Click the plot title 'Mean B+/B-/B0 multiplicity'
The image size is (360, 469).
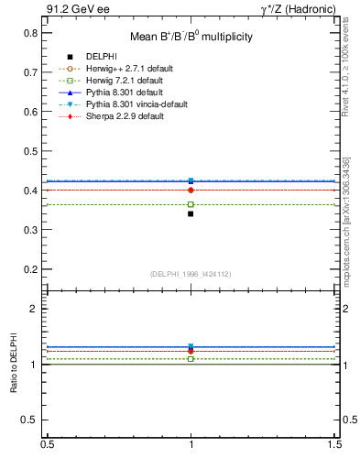click(x=191, y=38)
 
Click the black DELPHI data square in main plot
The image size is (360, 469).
click(x=191, y=213)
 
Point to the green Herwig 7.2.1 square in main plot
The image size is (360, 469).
click(x=191, y=204)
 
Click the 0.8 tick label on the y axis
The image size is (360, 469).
click(x=31, y=33)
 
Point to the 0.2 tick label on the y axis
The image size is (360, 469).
click(x=31, y=269)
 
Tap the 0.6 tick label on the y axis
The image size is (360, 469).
click(x=31, y=112)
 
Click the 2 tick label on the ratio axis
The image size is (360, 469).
click(x=36, y=310)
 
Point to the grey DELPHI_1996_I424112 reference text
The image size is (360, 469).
click(x=191, y=274)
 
